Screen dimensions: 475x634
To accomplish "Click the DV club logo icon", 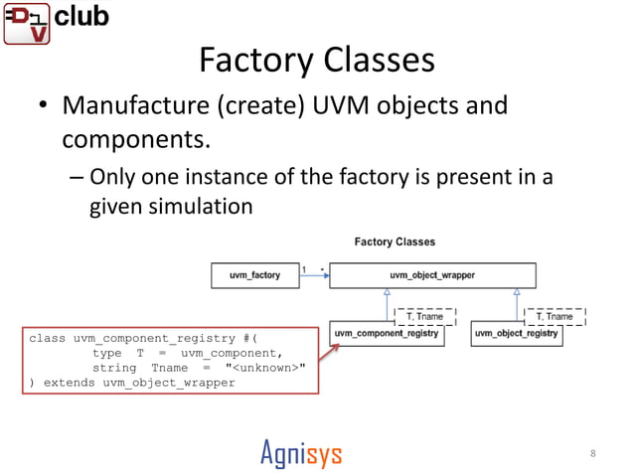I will coord(25,23).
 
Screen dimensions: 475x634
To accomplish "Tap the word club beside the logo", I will coord(81,17).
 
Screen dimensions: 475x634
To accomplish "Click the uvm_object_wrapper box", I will coord(432,274).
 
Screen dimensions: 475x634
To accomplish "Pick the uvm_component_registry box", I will coord(386,334).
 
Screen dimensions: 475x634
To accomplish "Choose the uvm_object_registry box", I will coord(516,334).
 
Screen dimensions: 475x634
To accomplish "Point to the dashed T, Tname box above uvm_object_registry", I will coord(554,316).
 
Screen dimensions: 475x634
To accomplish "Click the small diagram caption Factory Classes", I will coord(395,241).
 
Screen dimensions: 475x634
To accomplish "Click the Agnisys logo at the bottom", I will coord(301,454).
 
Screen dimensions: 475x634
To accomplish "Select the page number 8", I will coord(593,454).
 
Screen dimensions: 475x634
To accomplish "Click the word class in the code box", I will coord(47,338).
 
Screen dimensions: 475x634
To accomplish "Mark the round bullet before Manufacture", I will coord(45,107).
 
